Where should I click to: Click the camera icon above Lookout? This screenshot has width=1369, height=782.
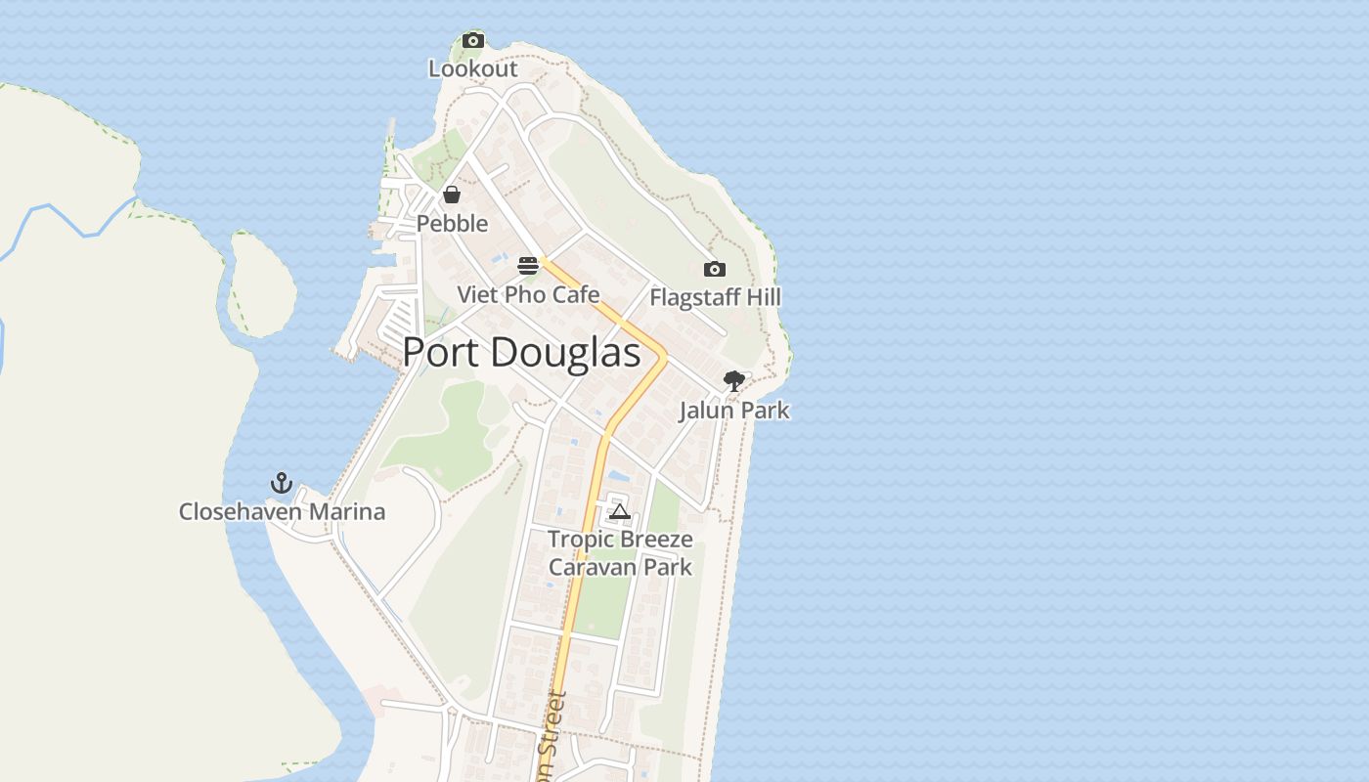coord(473,40)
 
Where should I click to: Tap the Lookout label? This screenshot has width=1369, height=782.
coord(473,69)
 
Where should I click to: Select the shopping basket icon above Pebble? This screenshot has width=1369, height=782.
coord(452,194)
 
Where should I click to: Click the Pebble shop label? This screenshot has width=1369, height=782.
coord(452,224)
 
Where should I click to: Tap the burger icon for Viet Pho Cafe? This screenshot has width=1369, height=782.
coord(528,265)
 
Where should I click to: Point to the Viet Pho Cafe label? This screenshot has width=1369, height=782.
coord(528,294)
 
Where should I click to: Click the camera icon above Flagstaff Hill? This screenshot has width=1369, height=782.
coord(715,269)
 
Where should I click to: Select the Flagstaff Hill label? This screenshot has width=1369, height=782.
coord(715,297)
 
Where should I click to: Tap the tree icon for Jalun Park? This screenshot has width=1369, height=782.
coord(733,381)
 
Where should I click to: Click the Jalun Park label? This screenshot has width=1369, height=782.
coord(733,411)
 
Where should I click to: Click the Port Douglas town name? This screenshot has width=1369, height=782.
coord(521,353)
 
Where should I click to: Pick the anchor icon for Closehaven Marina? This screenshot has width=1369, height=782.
coord(282,483)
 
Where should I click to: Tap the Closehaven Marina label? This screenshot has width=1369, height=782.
coord(282,511)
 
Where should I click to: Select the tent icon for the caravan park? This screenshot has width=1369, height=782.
coord(619,511)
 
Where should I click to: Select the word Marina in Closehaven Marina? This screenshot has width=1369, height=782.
coord(347,511)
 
